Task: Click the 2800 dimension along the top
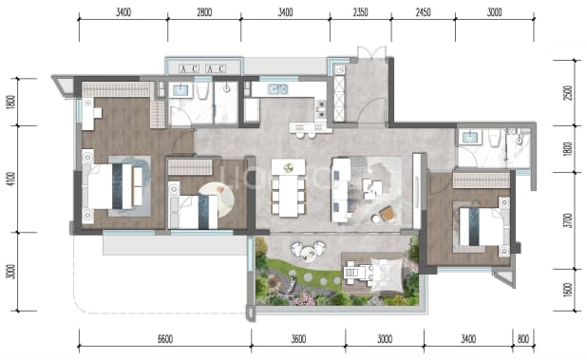click(x=204, y=12)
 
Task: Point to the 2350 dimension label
click(x=361, y=12)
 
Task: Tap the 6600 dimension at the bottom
click(x=165, y=339)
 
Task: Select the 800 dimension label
click(x=523, y=339)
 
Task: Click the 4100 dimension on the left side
click(x=11, y=179)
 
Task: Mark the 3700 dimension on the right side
click(x=569, y=220)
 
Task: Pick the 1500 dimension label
click(x=568, y=290)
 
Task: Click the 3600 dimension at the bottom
click(x=298, y=339)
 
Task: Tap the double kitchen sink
click(x=277, y=89)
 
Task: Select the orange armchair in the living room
click(x=388, y=214)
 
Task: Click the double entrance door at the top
click(x=371, y=53)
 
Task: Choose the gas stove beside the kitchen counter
click(x=321, y=109)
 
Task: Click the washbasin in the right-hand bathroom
click(x=470, y=138)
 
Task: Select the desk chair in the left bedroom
click(x=98, y=113)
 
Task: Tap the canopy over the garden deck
click(x=387, y=275)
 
